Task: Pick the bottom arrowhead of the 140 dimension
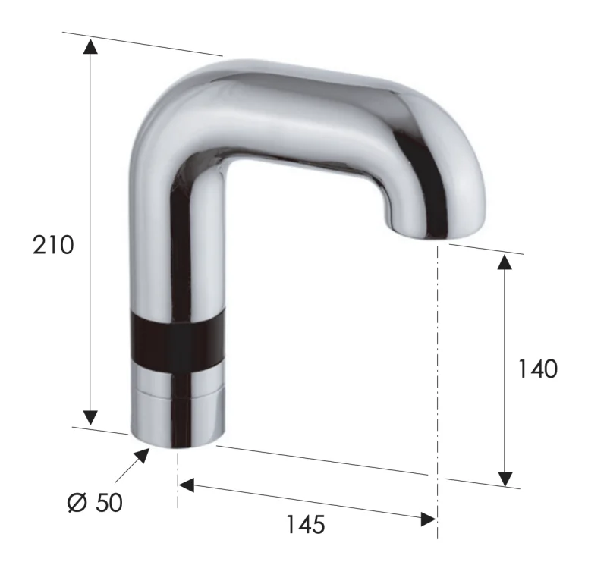click(505, 478)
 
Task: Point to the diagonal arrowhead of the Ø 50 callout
click(141, 456)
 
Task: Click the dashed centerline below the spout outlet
click(438, 364)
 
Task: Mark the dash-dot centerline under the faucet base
click(178, 478)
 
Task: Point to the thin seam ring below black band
click(178, 394)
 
